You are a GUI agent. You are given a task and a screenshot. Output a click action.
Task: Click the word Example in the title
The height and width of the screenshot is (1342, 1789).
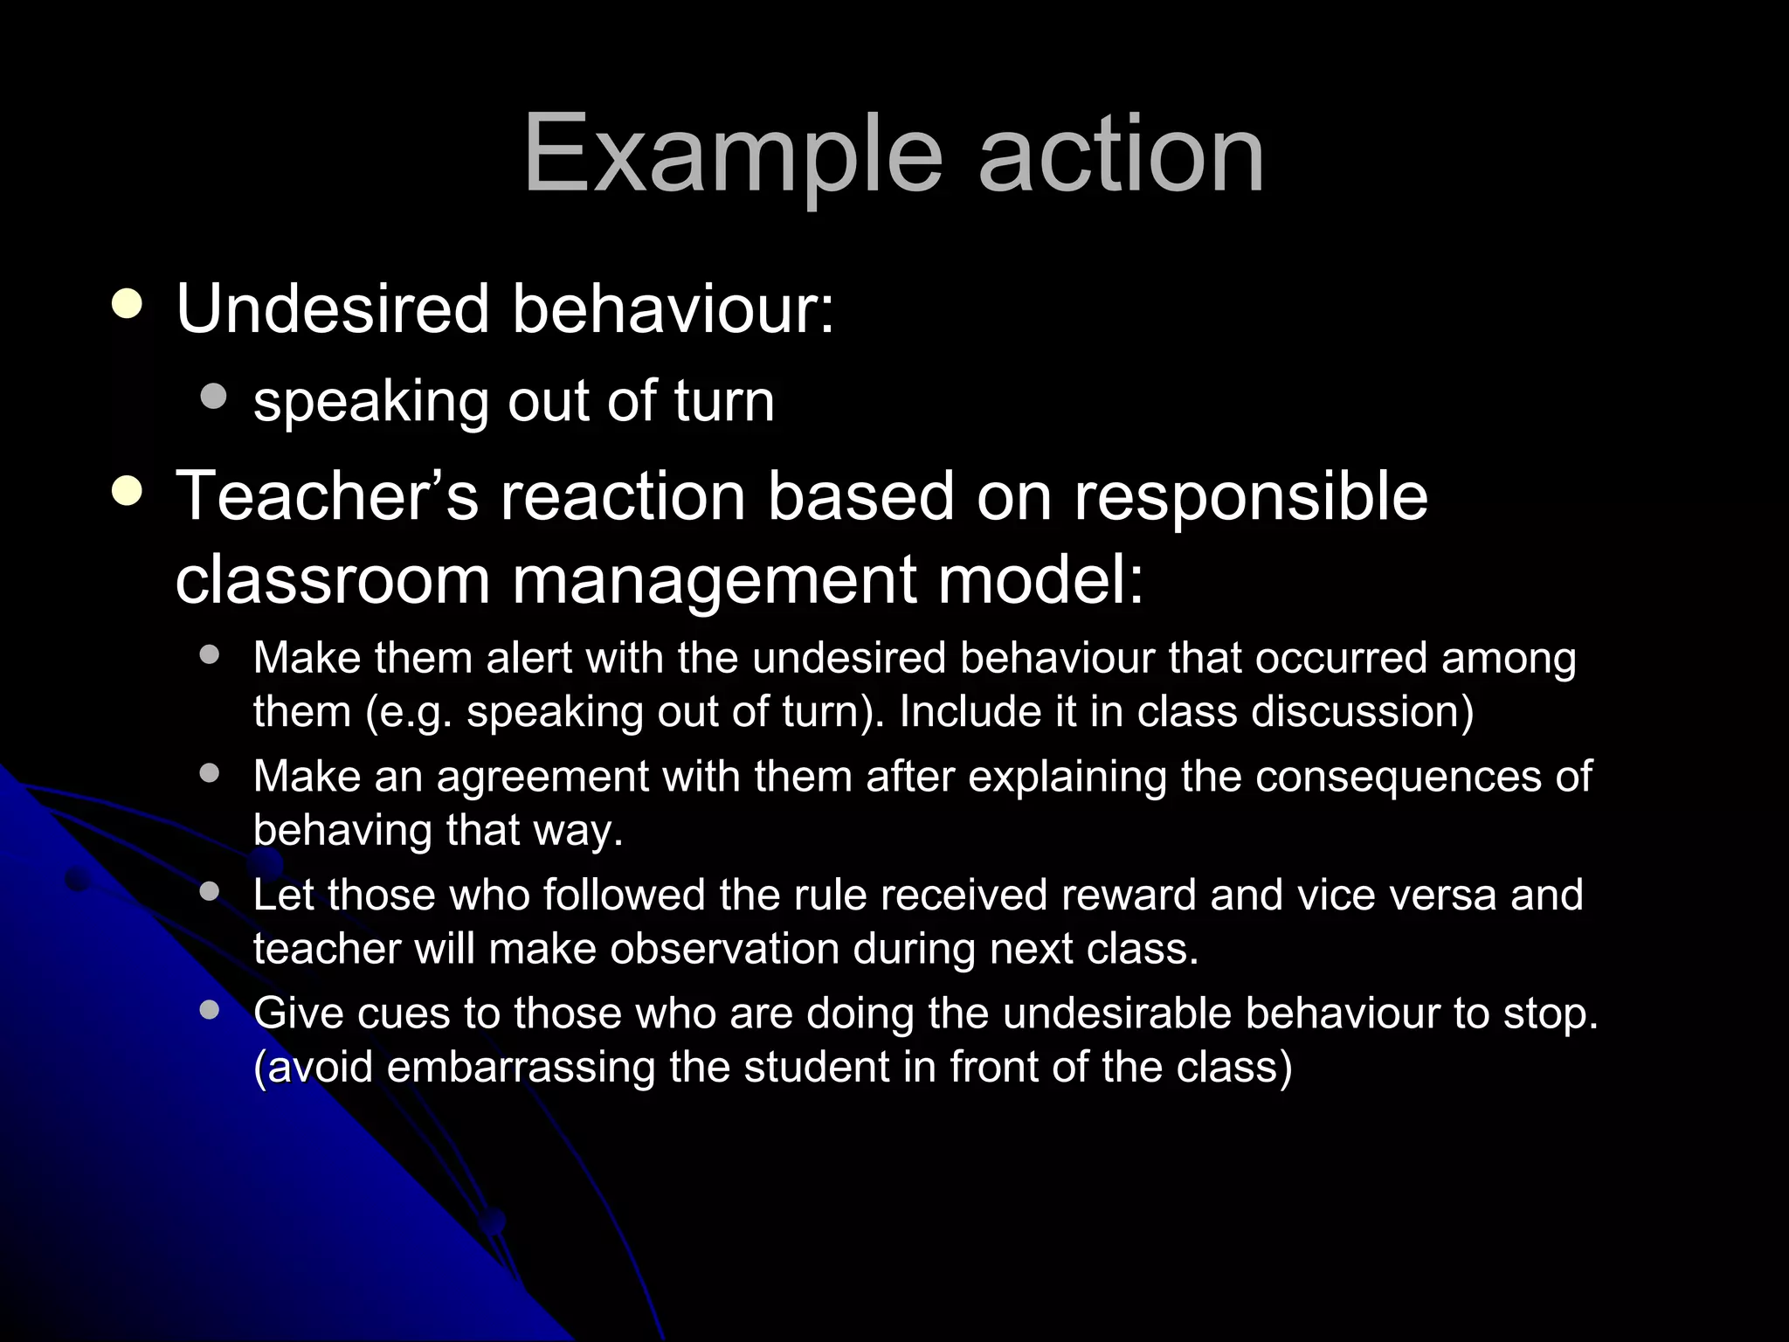pyautogui.click(x=733, y=156)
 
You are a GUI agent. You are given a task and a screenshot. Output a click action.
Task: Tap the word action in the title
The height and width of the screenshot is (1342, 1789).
pyautogui.click(x=1121, y=154)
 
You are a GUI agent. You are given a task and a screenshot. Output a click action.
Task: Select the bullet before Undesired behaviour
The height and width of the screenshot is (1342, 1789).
pyautogui.click(x=128, y=305)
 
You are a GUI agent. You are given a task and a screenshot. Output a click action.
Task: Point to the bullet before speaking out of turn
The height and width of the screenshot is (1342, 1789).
pyautogui.click(x=213, y=398)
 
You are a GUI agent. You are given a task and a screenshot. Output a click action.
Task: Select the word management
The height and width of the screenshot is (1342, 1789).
pyautogui.click(x=714, y=579)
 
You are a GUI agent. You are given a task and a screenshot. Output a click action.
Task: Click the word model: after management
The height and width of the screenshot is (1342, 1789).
pyautogui.click(x=1040, y=579)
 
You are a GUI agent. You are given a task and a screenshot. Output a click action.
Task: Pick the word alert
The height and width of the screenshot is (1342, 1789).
pyautogui.click(x=529, y=658)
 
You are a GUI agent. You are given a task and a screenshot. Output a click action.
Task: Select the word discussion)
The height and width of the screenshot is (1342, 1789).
pyautogui.click(x=1363, y=711)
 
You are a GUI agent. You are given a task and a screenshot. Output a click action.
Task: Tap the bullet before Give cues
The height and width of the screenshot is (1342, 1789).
pyautogui.click(x=209, y=1010)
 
